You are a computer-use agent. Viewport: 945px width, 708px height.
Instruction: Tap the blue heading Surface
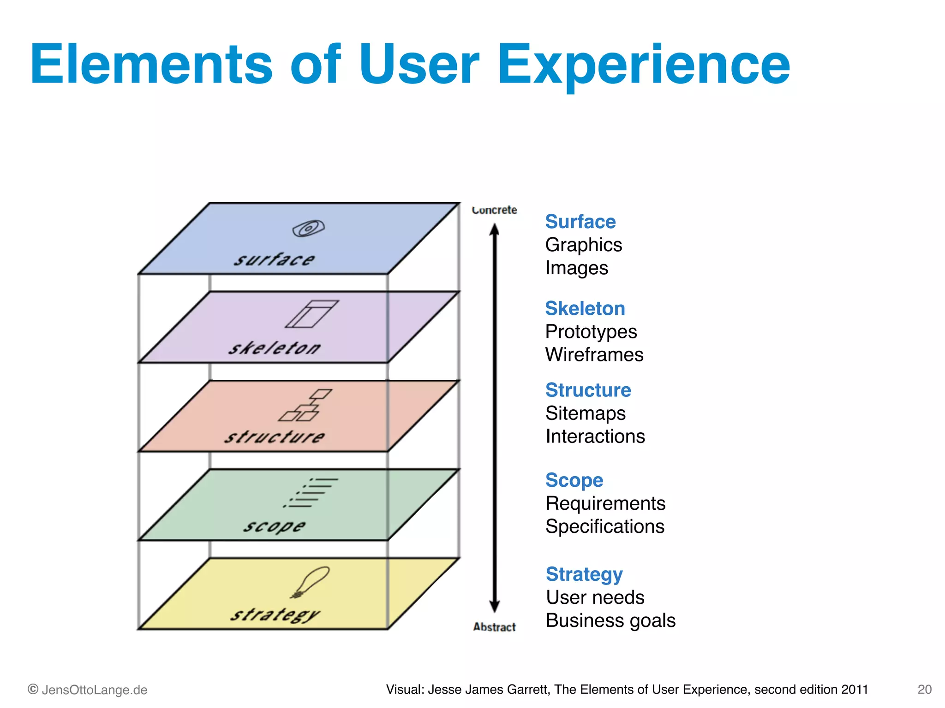[580, 222]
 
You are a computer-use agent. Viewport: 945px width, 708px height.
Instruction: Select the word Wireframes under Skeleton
[594, 354]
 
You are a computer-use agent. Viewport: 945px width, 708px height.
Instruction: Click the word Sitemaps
[585, 413]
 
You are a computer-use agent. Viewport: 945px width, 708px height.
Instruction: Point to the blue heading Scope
[574, 480]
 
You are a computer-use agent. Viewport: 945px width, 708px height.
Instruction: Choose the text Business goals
[610, 620]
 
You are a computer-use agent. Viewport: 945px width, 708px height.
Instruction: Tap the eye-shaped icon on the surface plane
[308, 228]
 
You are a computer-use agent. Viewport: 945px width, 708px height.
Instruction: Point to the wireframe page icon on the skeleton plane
[311, 314]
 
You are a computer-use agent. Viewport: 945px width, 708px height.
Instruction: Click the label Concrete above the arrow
[494, 210]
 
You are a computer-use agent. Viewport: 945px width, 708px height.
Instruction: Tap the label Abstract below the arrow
[494, 627]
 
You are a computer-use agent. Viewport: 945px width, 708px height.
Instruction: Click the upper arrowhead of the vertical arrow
[494, 229]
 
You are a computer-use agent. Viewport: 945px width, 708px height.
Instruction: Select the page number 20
[924, 690]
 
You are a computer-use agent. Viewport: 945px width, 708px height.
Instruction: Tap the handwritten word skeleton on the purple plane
[274, 348]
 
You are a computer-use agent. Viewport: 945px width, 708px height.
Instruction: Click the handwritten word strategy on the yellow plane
[275, 614]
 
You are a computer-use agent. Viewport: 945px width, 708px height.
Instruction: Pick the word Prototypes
[591, 331]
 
